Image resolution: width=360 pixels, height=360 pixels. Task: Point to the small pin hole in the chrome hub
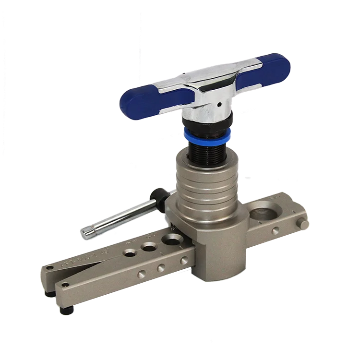tap(218, 103)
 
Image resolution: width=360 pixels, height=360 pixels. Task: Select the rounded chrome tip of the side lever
tap(87, 232)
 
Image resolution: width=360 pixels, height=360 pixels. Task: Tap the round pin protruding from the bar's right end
tap(303, 224)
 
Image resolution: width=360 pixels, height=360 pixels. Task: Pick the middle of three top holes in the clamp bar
tap(148, 246)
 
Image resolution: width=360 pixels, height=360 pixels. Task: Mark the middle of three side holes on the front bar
tap(161, 268)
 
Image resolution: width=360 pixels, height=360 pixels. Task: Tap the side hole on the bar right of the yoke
tap(275, 231)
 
